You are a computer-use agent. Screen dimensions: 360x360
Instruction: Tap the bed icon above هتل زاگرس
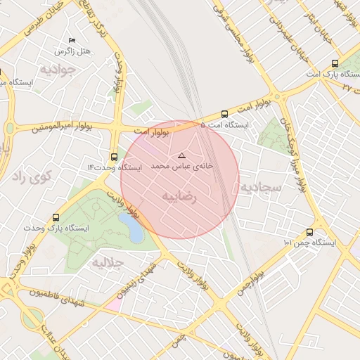[x=72, y=41]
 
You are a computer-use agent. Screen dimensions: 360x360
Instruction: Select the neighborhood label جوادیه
[x=57, y=70]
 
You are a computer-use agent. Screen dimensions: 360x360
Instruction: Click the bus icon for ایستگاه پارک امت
[x=335, y=63]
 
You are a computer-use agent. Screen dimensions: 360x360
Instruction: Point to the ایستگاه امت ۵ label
[x=224, y=125]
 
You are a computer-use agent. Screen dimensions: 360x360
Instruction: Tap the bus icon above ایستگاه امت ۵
[x=224, y=114]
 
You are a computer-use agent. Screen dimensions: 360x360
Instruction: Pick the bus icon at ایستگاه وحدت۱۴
[x=115, y=157]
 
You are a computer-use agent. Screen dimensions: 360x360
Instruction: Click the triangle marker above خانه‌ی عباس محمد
[x=181, y=155]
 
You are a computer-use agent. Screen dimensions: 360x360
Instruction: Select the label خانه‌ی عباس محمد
[x=181, y=166]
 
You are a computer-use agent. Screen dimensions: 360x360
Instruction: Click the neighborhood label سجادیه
[x=261, y=187]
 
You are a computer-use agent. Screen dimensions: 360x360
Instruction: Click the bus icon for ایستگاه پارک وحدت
[x=56, y=217]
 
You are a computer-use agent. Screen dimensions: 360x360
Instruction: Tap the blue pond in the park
[x=131, y=227]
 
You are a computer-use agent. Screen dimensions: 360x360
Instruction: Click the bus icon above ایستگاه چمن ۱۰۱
[x=309, y=232]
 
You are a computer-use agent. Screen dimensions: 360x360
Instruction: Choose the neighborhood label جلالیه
[x=108, y=263]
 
